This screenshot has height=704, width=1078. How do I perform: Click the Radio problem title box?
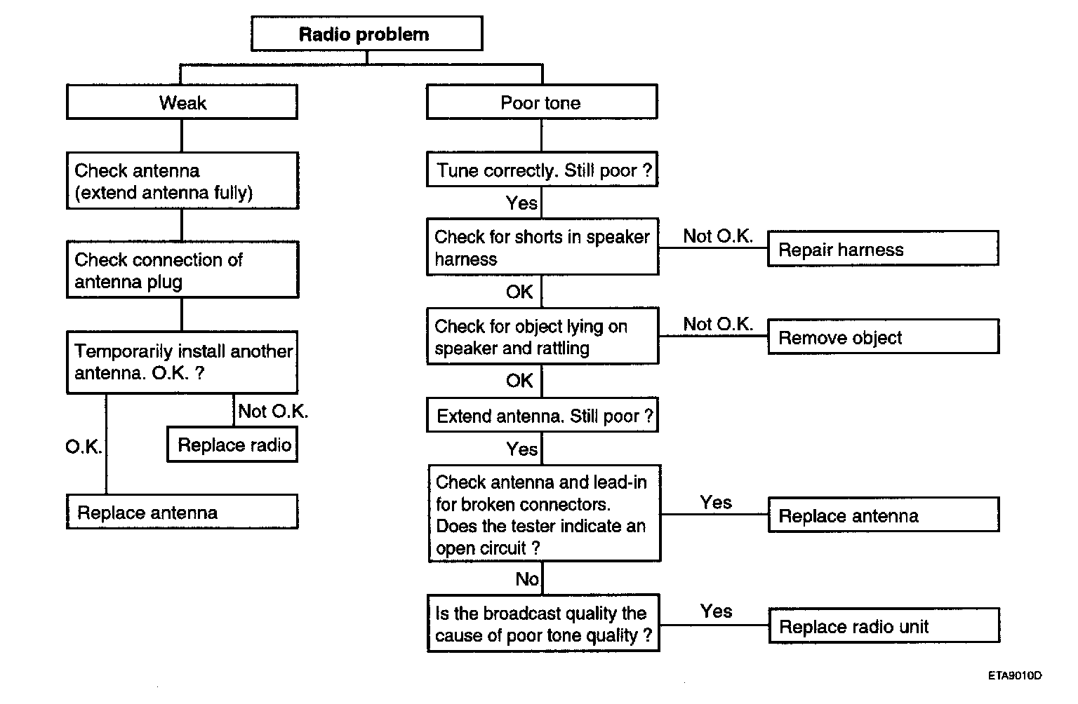[x=367, y=34]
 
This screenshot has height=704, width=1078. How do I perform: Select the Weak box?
[x=182, y=102]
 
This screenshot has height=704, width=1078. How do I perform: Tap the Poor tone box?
[x=542, y=102]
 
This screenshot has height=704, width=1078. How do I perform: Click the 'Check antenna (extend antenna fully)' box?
[x=182, y=181]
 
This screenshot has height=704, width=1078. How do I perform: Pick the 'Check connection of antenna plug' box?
[x=182, y=270]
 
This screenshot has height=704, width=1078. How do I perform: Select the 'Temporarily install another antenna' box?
[x=182, y=362]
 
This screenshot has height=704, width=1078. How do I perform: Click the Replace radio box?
[x=232, y=445]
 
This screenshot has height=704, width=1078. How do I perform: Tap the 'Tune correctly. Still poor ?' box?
[x=543, y=169]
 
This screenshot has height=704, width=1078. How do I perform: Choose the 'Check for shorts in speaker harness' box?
[x=543, y=247]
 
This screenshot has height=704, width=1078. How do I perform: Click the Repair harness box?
[x=883, y=248]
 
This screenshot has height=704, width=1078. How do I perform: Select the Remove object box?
[x=884, y=337]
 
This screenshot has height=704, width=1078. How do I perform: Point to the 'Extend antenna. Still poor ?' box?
[x=543, y=415]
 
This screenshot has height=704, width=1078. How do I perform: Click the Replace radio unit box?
[x=884, y=625]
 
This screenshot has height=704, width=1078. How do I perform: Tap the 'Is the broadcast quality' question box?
[x=543, y=623]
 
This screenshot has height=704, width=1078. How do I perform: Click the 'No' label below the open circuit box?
[x=527, y=579]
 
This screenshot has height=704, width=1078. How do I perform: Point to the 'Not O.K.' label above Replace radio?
[x=273, y=411]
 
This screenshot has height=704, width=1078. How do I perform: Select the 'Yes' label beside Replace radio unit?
[x=716, y=611]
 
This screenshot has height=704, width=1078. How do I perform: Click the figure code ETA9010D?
[x=1015, y=676]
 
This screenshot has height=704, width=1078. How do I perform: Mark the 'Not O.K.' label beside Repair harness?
[x=718, y=236]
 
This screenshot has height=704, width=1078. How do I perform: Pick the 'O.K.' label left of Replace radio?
[x=84, y=447]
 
